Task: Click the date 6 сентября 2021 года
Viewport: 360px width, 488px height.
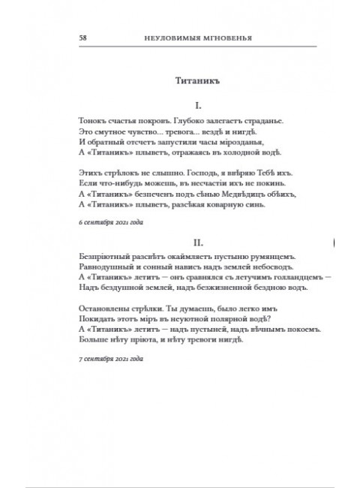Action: [x=110, y=224]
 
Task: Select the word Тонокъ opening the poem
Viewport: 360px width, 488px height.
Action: [x=91, y=119]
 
